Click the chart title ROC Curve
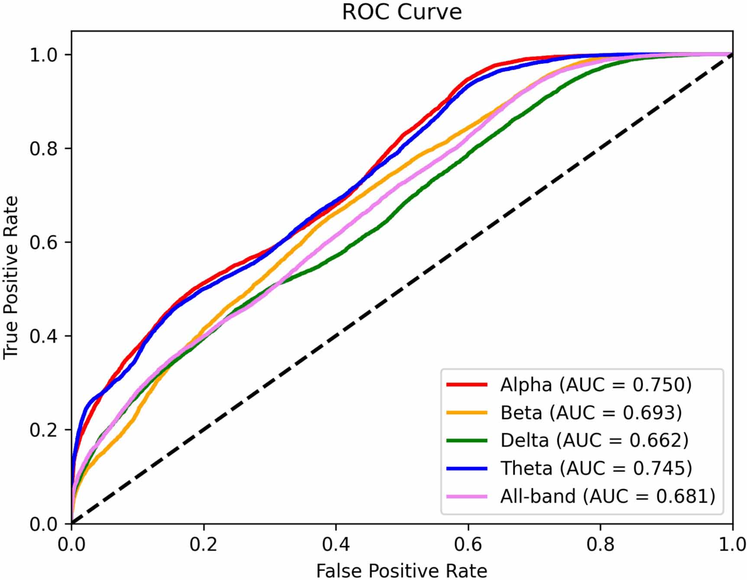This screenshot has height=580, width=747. [x=401, y=12]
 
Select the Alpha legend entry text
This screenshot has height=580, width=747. [x=596, y=384]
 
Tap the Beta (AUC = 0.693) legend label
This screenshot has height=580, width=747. [x=591, y=412]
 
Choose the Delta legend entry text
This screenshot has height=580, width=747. [x=594, y=440]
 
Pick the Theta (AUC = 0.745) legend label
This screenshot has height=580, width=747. [x=596, y=468]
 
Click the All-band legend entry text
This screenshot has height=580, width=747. [x=608, y=496]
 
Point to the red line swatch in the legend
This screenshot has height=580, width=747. [x=467, y=384]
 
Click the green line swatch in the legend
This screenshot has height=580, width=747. [x=467, y=440]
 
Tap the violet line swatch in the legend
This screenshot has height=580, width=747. [x=467, y=496]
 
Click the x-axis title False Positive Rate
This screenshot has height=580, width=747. [x=401, y=570]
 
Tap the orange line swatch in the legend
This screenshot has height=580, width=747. [x=467, y=412]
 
